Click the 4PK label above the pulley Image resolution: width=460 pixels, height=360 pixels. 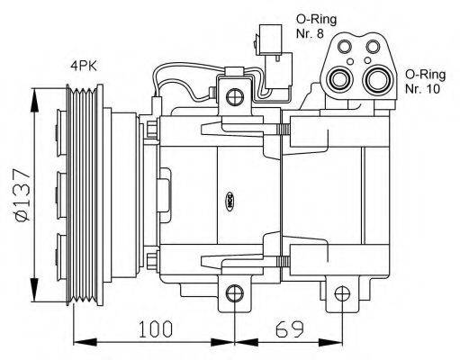[86, 65]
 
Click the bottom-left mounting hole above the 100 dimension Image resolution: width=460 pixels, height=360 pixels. [234, 292]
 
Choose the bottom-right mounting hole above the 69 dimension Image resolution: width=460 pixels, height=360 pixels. [341, 292]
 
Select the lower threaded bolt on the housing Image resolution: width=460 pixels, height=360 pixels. [282, 261]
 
